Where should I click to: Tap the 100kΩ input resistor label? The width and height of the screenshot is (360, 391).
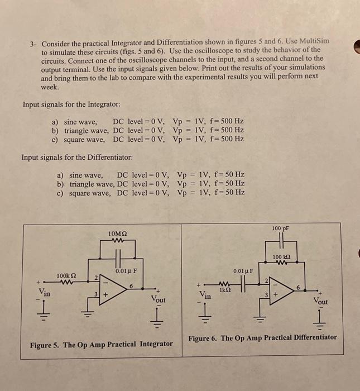coord(66,276)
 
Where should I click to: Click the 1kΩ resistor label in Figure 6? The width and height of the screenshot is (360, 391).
coord(225,290)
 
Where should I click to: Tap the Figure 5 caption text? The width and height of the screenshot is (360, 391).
coord(101,344)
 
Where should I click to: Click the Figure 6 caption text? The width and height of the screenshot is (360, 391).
coord(262,337)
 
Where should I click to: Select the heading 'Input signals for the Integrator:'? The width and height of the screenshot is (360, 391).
coord(71,104)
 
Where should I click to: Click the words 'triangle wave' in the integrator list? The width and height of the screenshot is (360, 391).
coord(86,130)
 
